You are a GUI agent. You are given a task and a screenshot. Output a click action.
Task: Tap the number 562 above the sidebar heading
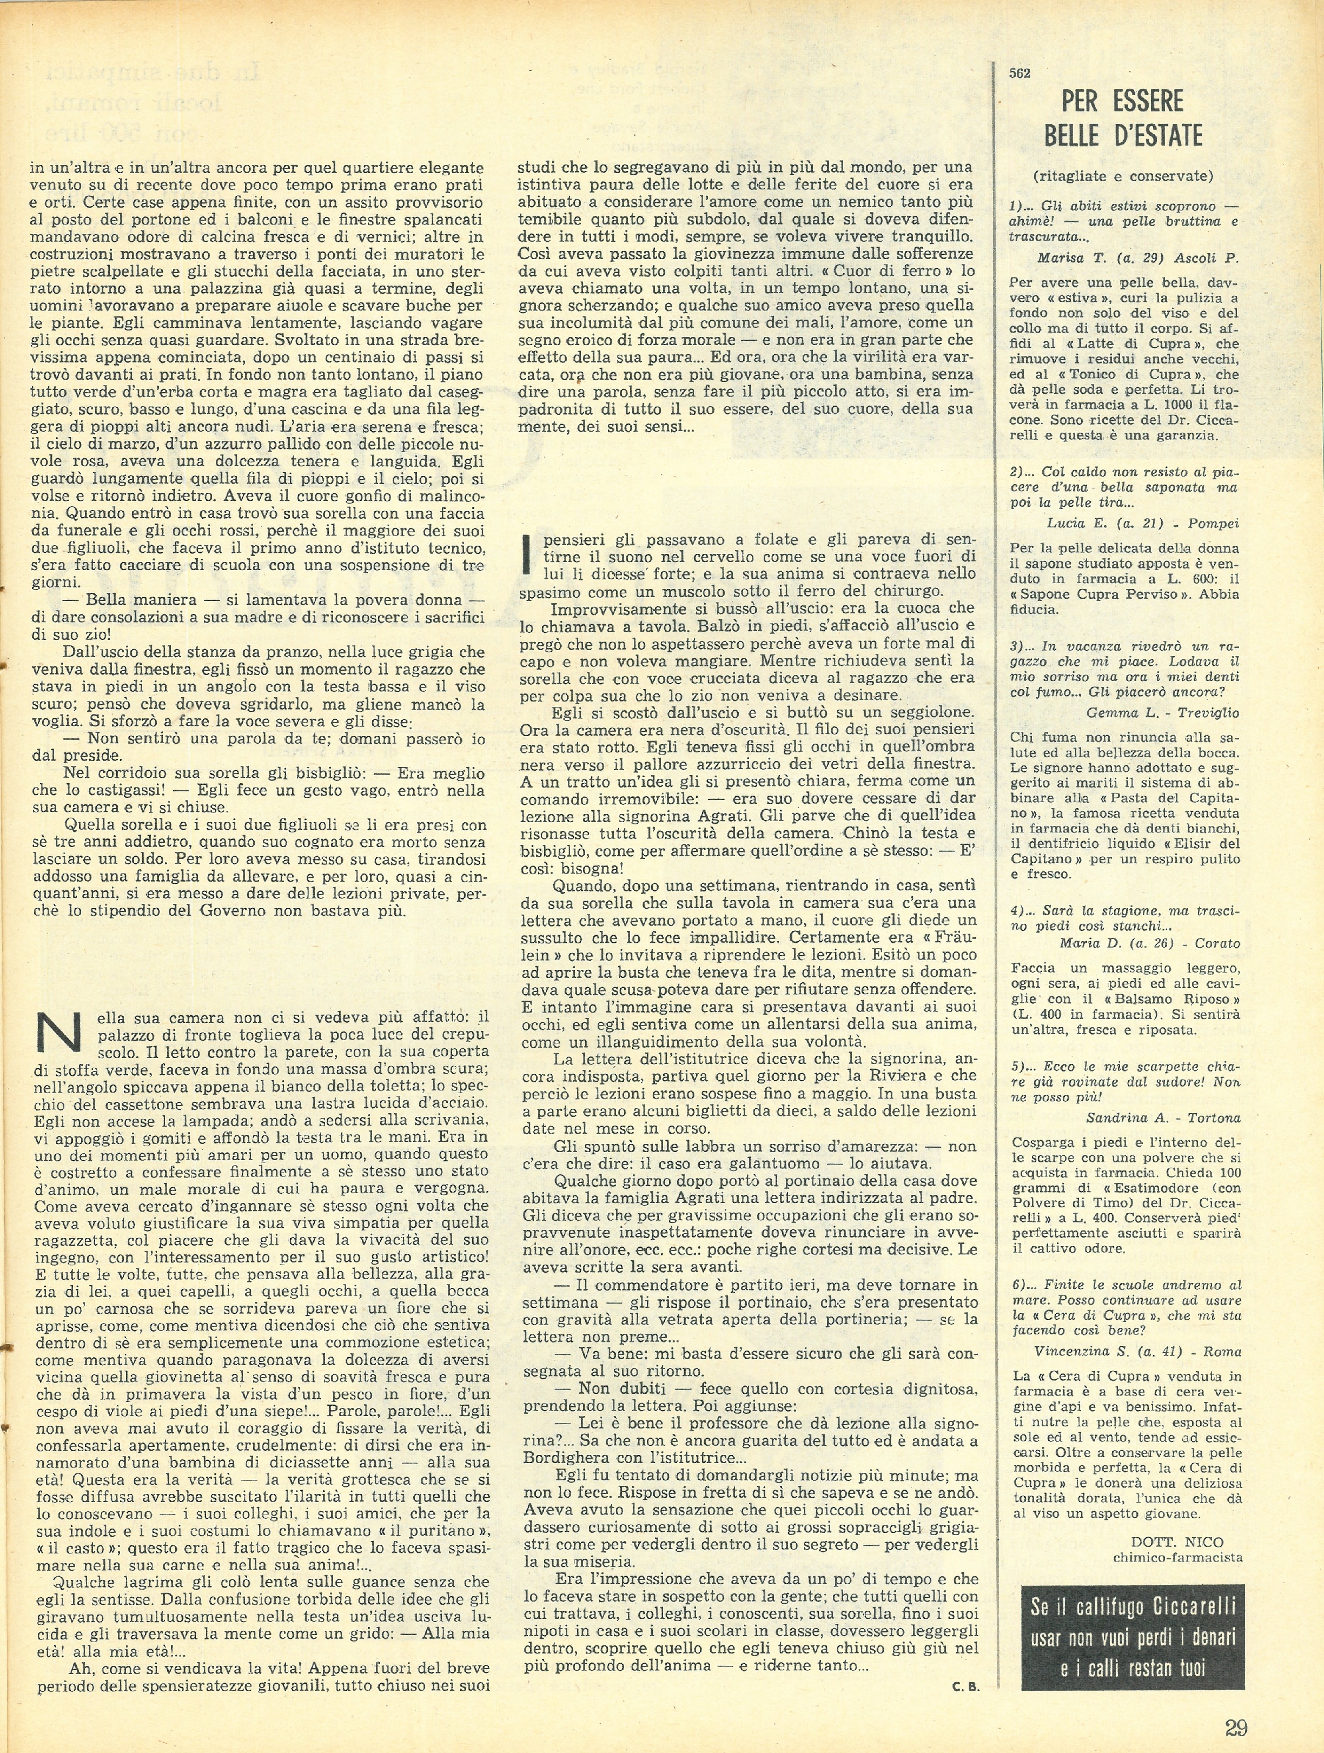tap(1020, 73)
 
